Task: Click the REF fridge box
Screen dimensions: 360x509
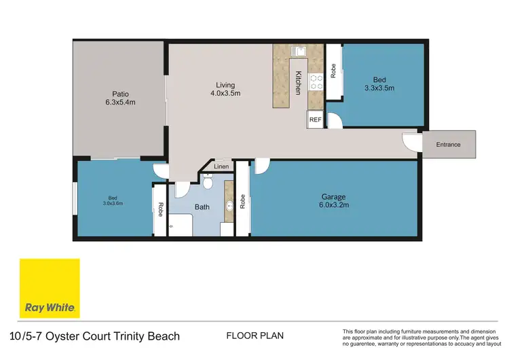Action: (315, 120)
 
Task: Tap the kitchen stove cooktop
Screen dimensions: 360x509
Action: (316, 82)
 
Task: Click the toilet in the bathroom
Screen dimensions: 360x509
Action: (208, 181)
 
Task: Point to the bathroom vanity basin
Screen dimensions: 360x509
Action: (229, 202)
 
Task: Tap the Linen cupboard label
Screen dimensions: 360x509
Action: (221, 166)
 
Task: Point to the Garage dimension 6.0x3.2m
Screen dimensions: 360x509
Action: (333, 206)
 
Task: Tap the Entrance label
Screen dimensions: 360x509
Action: (448, 145)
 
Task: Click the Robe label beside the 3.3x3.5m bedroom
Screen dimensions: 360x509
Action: (333, 71)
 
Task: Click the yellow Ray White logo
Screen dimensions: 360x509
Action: (50, 288)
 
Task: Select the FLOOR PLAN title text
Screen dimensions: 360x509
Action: (254, 336)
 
